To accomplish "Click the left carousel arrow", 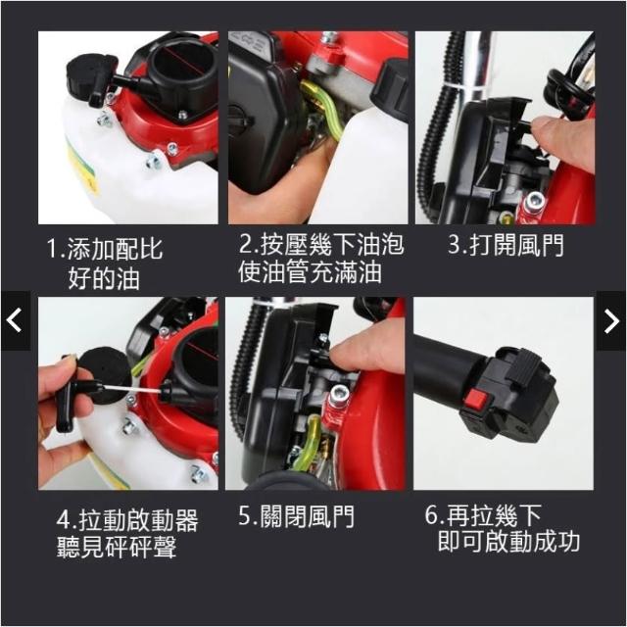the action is tap(15, 320).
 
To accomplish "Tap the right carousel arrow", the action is tap(611, 320).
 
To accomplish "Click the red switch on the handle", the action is tap(475, 400).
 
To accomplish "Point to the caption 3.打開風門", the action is tap(506, 245).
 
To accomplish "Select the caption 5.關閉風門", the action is tap(296, 516).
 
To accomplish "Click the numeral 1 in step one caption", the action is tap(52, 248).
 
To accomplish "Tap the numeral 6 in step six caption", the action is tap(432, 515).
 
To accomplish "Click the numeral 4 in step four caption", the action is tap(64, 520).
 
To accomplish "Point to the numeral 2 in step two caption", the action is tap(246, 244).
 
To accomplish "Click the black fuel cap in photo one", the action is tap(93, 78).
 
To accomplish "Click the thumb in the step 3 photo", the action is tap(564, 140).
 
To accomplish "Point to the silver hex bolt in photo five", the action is tap(340, 396).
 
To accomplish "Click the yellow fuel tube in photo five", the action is tap(305, 444).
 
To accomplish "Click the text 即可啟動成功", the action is tap(508, 542).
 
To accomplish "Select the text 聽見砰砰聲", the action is tap(117, 547).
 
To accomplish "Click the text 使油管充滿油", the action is tap(310, 272).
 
